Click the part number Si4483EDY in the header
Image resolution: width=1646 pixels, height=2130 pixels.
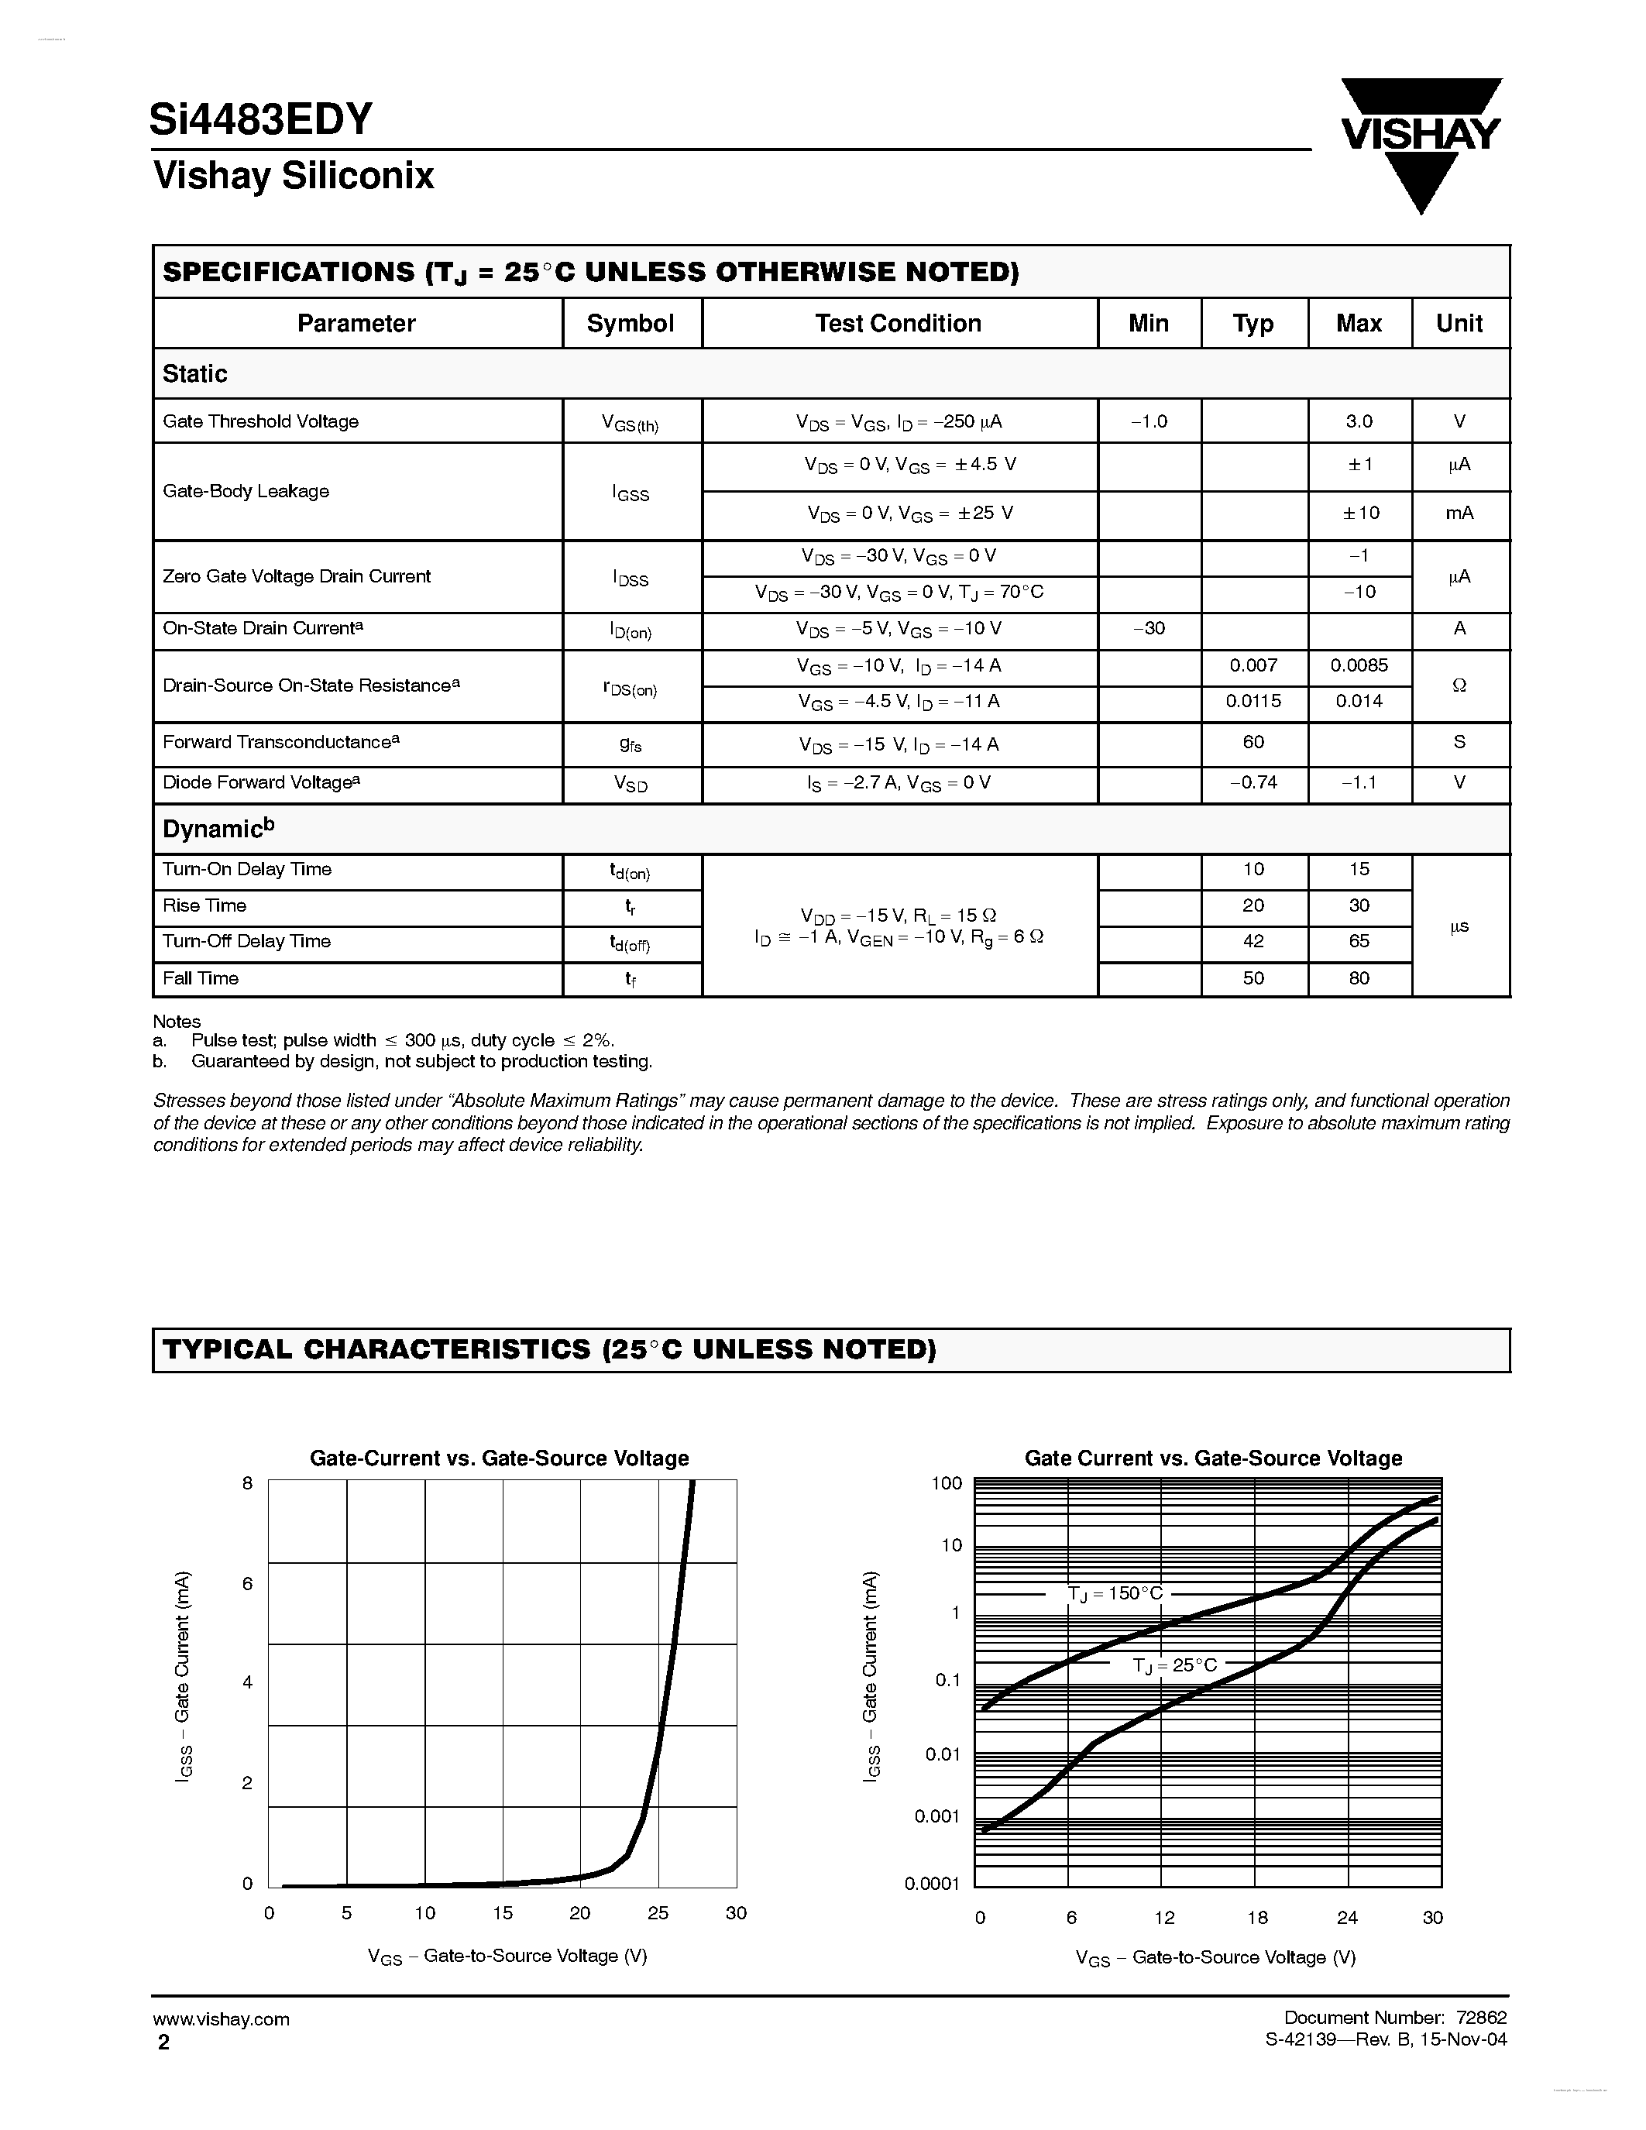click(x=260, y=119)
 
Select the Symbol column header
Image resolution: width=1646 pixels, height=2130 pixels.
click(x=631, y=324)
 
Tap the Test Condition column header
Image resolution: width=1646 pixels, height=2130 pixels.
click(x=898, y=324)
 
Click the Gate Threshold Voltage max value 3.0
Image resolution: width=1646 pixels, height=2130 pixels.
click(x=1359, y=421)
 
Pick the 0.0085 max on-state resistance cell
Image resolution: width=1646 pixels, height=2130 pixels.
click(x=1359, y=665)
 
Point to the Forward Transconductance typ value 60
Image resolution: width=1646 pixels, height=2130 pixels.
click(x=1253, y=742)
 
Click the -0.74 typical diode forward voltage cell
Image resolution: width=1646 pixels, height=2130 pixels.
click(x=1253, y=782)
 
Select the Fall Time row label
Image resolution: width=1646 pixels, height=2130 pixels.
click(x=201, y=978)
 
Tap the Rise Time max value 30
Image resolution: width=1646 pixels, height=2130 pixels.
click(x=1359, y=905)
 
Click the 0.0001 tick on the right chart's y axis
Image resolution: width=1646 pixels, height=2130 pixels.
click(x=932, y=1883)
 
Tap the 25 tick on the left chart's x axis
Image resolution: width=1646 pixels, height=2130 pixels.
click(x=658, y=1912)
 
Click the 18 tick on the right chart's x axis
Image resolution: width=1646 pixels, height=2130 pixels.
click(x=1257, y=1918)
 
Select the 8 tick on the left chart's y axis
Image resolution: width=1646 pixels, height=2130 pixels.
click(x=248, y=1483)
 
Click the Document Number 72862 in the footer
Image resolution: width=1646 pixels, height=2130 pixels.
click(x=1394, y=2018)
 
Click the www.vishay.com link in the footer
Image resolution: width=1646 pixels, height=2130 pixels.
click(x=222, y=2018)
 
